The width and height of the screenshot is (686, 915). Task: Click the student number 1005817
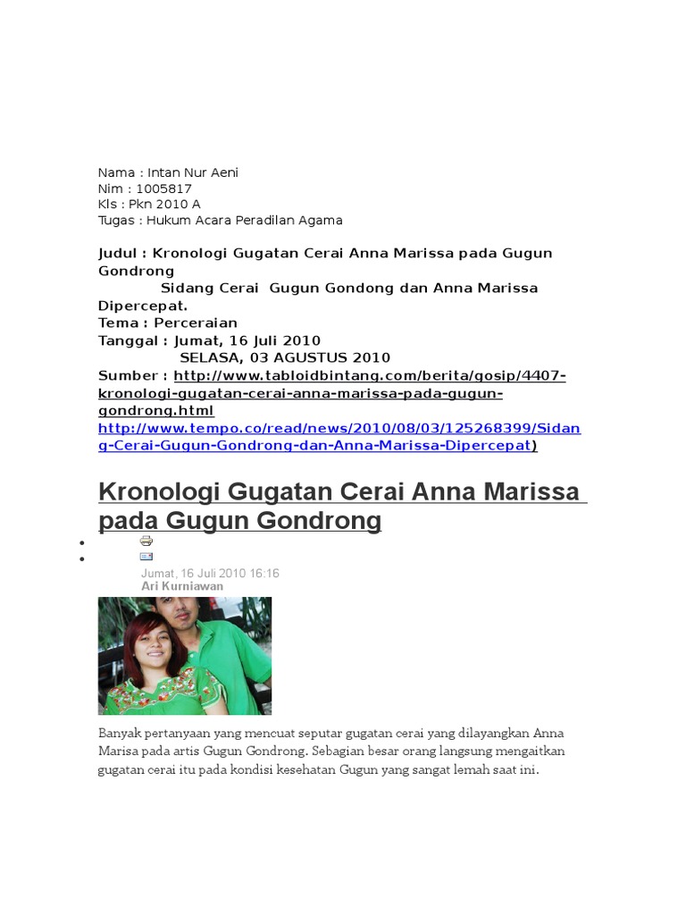coord(164,189)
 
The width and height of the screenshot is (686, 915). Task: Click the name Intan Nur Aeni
coord(193,172)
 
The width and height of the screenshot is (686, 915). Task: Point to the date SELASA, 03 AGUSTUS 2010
coord(285,357)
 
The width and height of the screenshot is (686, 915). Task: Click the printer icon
coord(146,541)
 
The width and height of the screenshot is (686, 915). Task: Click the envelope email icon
coord(146,556)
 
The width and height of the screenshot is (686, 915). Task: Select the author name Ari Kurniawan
coord(182,586)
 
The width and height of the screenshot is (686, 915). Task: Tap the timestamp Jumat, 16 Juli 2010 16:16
coord(210,573)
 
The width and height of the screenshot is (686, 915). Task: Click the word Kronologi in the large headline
coord(158,491)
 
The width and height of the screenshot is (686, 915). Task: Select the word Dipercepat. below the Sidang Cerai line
coord(143,306)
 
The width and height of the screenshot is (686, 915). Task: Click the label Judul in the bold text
coord(116,254)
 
